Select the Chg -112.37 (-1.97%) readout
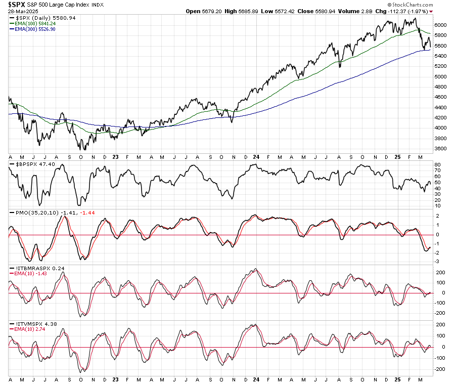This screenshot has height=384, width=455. click(x=399, y=11)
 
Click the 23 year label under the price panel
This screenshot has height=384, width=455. click(x=115, y=157)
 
